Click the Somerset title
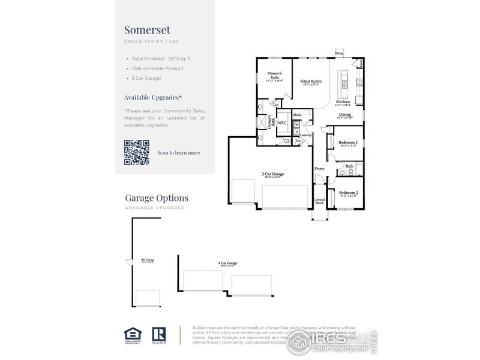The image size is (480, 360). click(x=147, y=29)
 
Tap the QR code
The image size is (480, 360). click(x=136, y=152)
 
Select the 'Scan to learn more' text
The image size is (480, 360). click(x=179, y=152)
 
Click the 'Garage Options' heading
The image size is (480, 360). click(x=157, y=198)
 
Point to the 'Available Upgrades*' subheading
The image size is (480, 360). click(x=153, y=97)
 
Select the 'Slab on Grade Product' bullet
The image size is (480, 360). click(x=157, y=68)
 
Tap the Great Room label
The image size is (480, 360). click(x=311, y=81)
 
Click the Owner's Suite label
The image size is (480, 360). click(x=275, y=76)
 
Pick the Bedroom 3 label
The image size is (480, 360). click(x=348, y=143)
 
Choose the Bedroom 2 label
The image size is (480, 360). click(x=348, y=193)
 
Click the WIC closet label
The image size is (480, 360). click(x=281, y=122)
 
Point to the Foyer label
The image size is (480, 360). click(x=320, y=169)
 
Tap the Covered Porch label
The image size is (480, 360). click(x=320, y=202)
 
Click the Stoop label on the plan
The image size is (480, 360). click(x=339, y=53)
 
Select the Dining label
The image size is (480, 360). click(x=344, y=114)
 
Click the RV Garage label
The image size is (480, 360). click(x=146, y=260)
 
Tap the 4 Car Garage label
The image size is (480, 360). click(x=227, y=263)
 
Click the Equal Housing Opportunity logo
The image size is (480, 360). click(x=131, y=335)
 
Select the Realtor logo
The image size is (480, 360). click(x=159, y=335)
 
